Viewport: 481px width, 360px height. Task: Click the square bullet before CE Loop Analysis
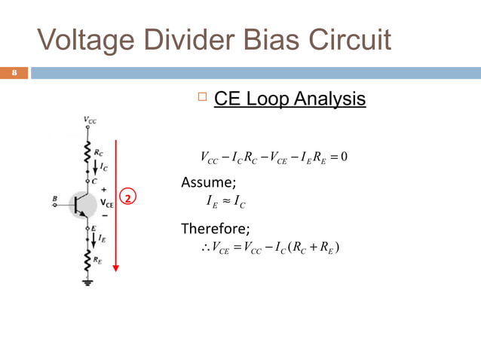[x=200, y=98]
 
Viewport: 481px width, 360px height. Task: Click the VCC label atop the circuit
[x=89, y=119]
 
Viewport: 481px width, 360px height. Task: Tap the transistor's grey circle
[x=81, y=202]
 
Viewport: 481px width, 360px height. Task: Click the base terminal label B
[x=54, y=199]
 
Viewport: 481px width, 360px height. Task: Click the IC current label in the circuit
[x=101, y=168]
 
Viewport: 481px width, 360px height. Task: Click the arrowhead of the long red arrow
[x=117, y=267]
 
